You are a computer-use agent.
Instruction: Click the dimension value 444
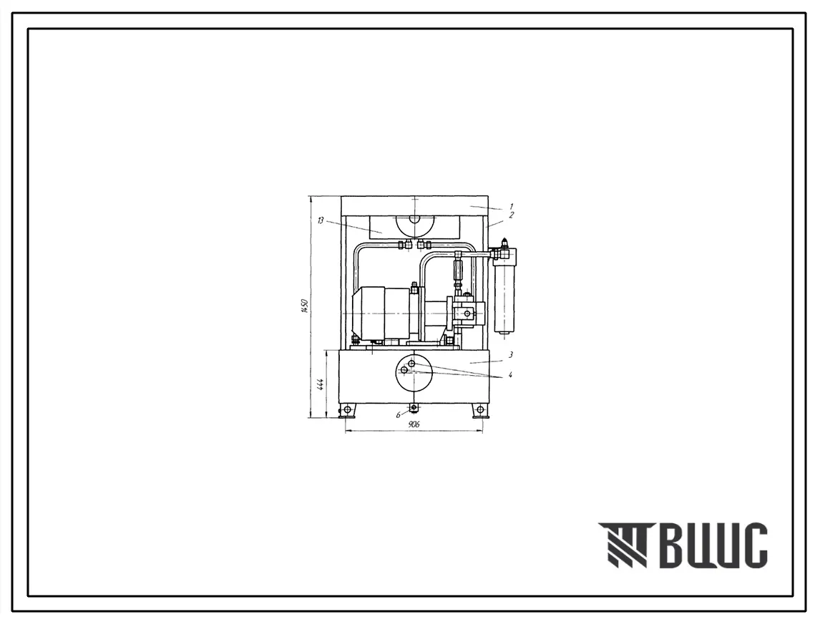(x=321, y=384)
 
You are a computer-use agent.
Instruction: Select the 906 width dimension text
(x=414, y=424)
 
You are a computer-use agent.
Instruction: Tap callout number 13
(x=320, y=220)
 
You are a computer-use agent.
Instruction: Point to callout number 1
(x=512, y=206)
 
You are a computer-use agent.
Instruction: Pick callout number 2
(x=512, y=215)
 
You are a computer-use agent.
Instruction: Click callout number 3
(x=512, y=355)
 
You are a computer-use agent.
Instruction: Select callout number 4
(x=511, y=374)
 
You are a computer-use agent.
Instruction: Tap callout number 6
(x=398, y=415)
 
